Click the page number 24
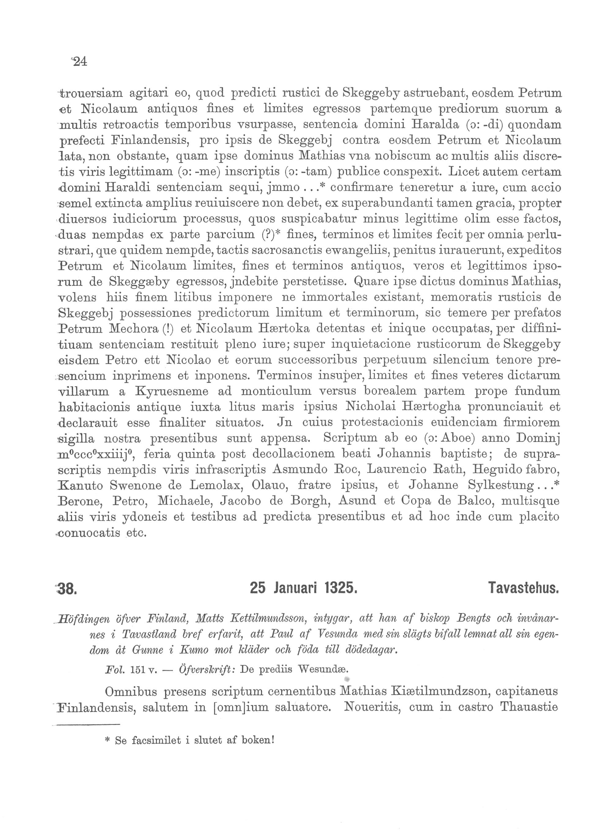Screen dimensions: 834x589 [80, 61]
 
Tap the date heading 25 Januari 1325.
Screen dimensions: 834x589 [304, 587]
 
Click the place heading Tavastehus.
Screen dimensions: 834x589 [523, 587]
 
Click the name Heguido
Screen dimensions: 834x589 [498, 469]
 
